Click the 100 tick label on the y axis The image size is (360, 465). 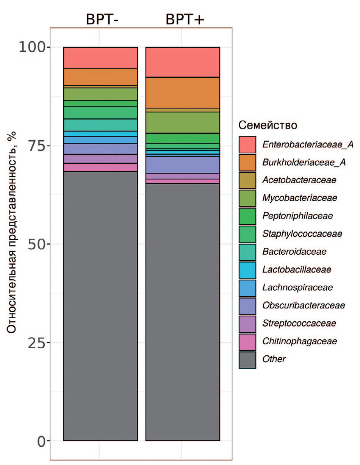pos(33,47)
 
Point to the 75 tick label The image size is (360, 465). pos(37,146)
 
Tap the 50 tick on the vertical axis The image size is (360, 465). pos(37,244)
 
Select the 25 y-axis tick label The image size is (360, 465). pos(37,342)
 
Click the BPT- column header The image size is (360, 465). pos(102,19)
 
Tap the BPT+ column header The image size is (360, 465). pos(185,19)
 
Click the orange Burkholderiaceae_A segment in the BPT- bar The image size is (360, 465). pos(100,77)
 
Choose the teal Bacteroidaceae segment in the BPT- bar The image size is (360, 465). pos(100,125)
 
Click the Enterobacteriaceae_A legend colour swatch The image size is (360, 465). pos(247,145)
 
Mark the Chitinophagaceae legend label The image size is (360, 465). pos(299,341)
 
